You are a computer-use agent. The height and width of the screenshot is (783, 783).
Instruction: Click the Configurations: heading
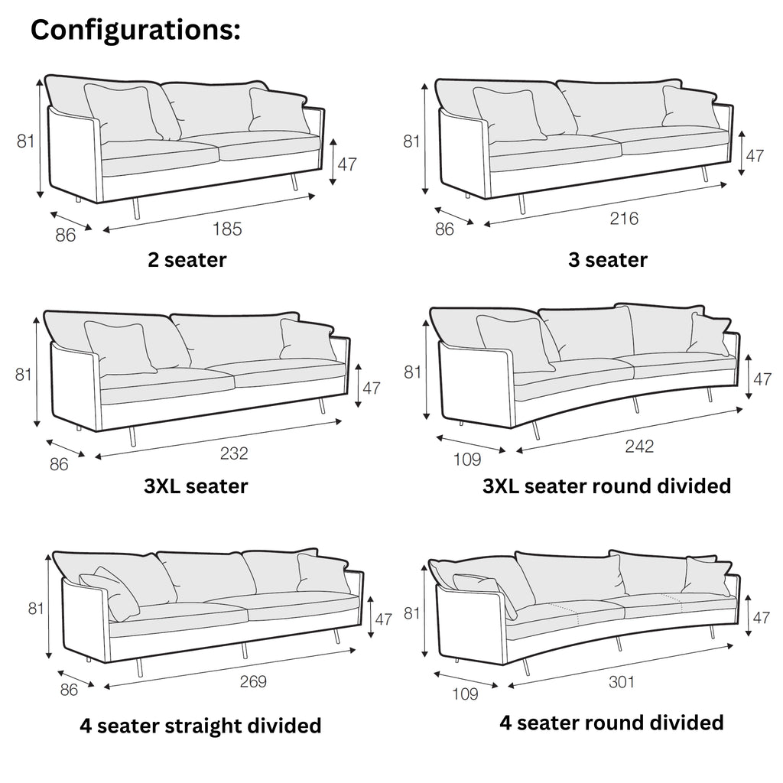[x=135, y=30]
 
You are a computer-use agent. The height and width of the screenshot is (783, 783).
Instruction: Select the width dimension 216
[x=624, y=219]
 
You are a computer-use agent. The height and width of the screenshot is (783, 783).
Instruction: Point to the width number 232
[x=234, y=453]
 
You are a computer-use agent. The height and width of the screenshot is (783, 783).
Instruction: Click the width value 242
[x=639, y=447]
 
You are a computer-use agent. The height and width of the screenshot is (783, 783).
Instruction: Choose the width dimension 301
[x=622, y=682]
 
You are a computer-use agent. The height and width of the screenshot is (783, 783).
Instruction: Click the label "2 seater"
[x=187, y=260]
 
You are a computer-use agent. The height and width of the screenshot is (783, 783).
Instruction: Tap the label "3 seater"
[x=608, y=260]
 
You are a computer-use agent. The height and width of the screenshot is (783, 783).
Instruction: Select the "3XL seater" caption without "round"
[x=196, y=486]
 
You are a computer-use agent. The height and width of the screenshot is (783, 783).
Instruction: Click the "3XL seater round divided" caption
[x=607, y=486]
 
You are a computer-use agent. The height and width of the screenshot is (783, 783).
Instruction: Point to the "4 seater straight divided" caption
[x=200, y=725]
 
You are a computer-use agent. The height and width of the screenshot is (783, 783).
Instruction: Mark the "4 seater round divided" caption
[x=612, y=722]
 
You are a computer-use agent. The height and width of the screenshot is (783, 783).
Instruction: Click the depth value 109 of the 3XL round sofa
[x=467, y=460]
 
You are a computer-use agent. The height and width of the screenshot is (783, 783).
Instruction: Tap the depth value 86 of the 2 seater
[x=66, y=235]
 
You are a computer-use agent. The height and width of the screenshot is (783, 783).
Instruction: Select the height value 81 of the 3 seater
[x=412, y=141]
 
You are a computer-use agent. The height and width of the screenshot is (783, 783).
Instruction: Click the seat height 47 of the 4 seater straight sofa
[x=382, y=619]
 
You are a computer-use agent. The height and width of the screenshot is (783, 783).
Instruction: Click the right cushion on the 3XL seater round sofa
[x=708, y=334]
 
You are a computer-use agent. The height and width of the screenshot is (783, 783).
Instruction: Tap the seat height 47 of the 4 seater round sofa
[x=761, y=618]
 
